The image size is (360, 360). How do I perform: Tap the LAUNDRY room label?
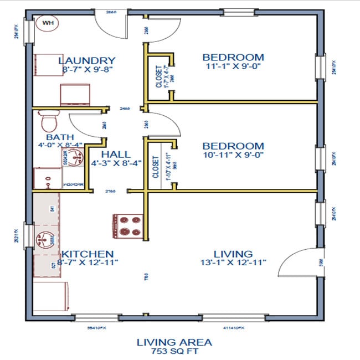[87, 60]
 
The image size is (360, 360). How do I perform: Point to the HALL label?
[116, 154]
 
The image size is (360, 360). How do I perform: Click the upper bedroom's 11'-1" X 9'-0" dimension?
[233, 66]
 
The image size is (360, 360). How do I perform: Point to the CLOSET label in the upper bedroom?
[159, 77]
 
